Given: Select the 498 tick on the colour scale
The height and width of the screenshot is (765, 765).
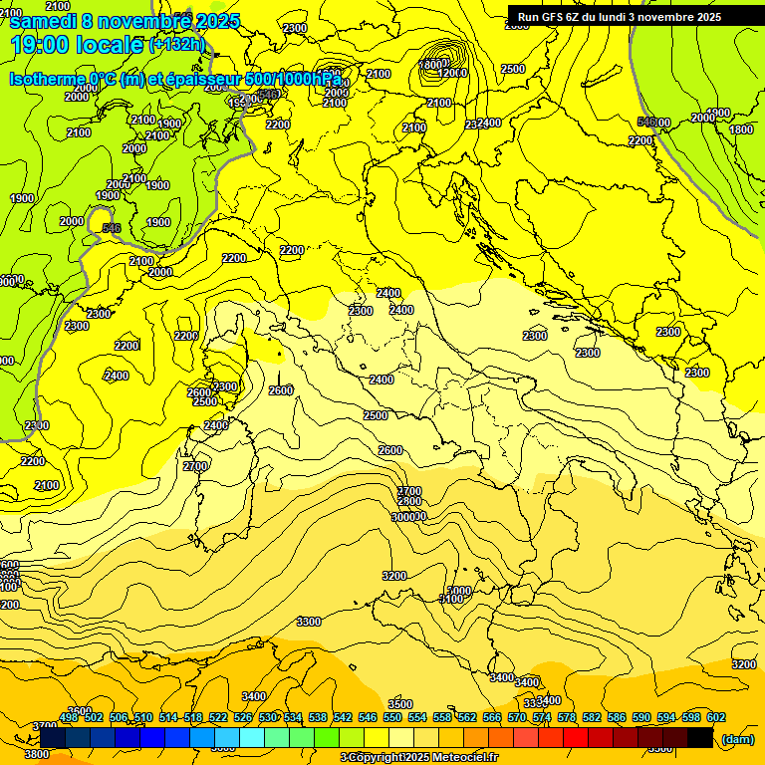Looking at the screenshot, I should pos(69,717).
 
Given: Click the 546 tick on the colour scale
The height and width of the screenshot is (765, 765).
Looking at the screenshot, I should pos(368,717).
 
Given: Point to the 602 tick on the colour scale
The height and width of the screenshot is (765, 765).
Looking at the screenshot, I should pos(715,717).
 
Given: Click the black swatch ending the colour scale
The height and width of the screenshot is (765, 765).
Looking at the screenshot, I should pos(699,738).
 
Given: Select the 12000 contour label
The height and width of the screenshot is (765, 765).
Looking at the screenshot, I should pos(452,72).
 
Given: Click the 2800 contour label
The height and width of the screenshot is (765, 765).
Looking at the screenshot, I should pos(409,503).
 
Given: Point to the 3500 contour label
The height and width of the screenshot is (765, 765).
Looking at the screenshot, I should pos(400,704).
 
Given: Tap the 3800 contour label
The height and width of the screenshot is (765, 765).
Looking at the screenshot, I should pos(36,754).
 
